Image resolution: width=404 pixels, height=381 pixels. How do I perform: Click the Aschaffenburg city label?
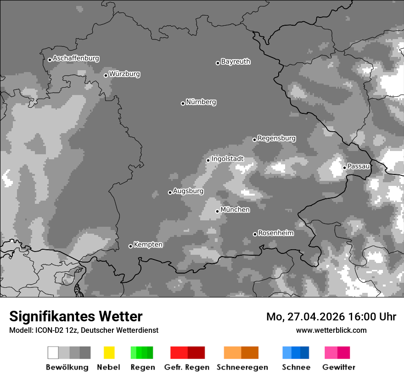point(76,59)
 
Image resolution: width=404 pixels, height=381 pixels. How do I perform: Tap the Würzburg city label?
point(124,74)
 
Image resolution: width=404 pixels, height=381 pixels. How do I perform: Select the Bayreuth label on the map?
point(236,62)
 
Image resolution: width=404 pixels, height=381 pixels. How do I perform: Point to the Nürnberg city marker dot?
point(183,103)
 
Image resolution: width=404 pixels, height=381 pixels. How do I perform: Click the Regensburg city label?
point(276,138)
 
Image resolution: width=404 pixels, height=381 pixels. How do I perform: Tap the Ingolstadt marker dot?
point(208,160)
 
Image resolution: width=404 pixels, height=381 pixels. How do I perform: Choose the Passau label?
point(359,166)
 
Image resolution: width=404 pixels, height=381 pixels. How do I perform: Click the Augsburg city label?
point(188,191)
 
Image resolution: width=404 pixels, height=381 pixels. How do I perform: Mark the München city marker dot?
point(217,211)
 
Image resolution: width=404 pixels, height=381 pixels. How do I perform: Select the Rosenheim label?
point(275,233)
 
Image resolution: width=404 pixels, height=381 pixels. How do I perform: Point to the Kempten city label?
point(148,245)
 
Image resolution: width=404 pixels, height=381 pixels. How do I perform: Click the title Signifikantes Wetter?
point(76,317)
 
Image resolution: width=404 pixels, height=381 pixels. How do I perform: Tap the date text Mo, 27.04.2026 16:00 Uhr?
point(331,317)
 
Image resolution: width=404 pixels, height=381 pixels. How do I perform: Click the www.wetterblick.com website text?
point(331,330)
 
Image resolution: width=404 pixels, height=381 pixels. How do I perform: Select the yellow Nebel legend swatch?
point(109,353)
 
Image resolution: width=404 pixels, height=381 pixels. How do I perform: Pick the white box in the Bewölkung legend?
point(53,353)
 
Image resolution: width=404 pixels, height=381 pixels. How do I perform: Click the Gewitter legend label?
point(338,367)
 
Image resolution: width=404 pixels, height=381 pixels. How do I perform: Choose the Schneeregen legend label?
point(242,367)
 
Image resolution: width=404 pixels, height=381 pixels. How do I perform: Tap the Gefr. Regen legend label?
point(187,367)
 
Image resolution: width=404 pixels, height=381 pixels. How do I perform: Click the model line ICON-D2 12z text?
point(84,331)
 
